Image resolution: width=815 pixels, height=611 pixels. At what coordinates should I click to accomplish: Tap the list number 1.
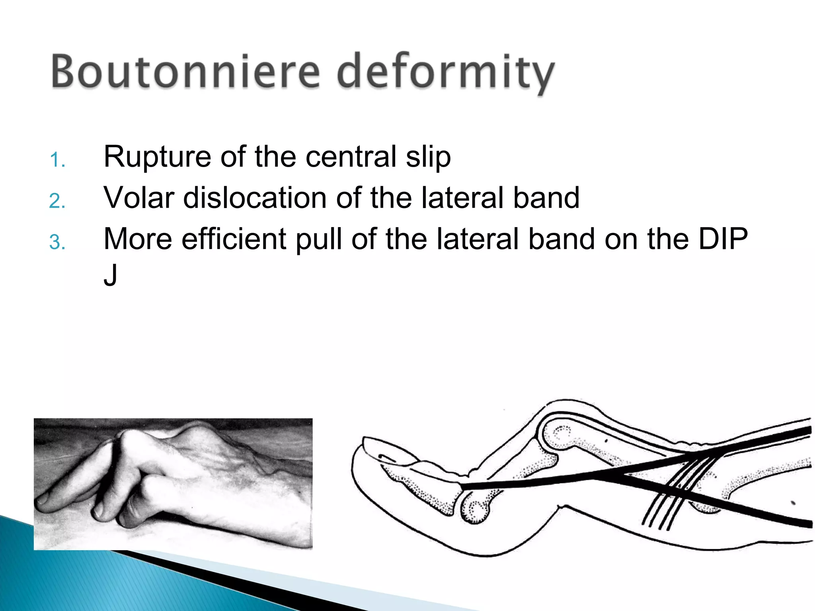pos(57,160)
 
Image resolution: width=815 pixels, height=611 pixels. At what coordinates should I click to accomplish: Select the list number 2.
pos(57,201)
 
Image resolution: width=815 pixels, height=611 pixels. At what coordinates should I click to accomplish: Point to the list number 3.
pos(57,243)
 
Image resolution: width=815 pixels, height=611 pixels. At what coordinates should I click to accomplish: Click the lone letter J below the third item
pos(110,275)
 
